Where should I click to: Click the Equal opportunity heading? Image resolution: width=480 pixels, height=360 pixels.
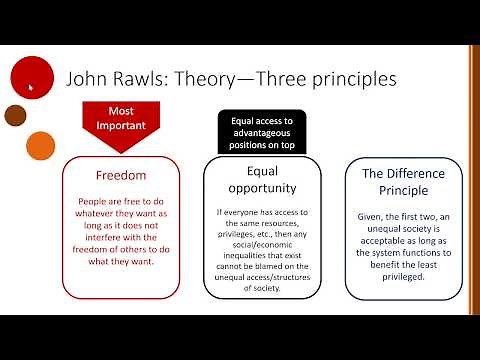coord(260,181)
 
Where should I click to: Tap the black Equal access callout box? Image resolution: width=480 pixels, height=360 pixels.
coord(261,129)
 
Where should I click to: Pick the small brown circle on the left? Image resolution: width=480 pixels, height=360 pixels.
coord(15,113)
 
